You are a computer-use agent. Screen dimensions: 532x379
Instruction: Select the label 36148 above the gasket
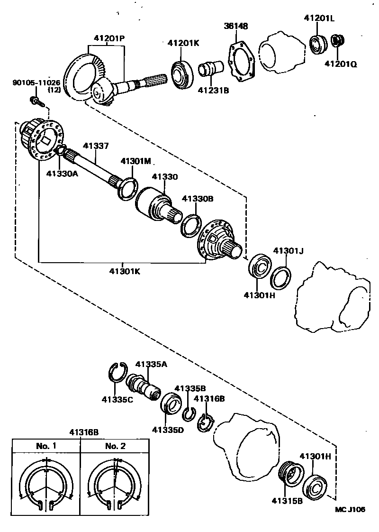click(x=236, y=26)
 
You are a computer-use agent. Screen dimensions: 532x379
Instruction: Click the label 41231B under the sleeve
click(x=213, y=89)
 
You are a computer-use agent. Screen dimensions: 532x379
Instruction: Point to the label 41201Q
click(x=341, y=63)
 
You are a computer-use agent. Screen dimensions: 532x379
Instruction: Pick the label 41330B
click(x=197, y=199)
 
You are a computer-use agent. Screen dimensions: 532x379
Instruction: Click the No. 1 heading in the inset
click(x=46, y=446)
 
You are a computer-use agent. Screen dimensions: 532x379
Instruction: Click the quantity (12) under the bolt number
click(x=54, y=90)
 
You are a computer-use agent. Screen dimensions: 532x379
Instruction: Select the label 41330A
click(x=62, y=174)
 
